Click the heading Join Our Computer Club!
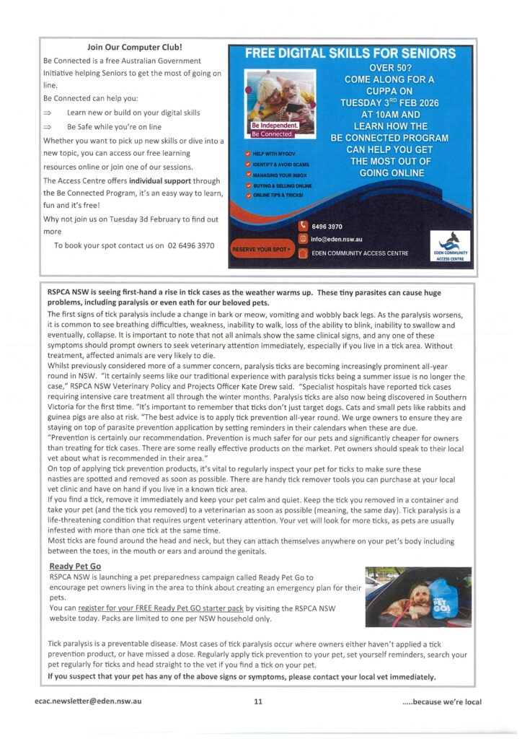pyautogui.click(x=135, y=48)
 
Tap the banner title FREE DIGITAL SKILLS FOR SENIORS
pyautogui.click(x=350, y=53)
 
